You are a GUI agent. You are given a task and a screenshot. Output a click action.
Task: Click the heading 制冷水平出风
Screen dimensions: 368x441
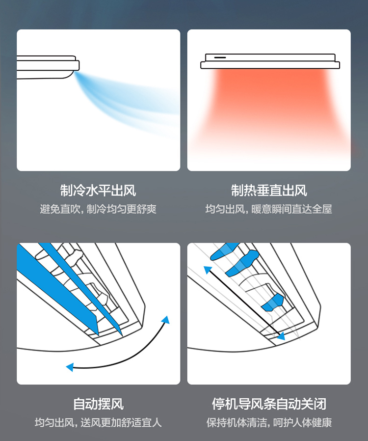click(x=98, y=191)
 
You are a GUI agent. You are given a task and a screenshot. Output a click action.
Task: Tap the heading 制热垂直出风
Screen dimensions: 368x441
click(x=269, y=191)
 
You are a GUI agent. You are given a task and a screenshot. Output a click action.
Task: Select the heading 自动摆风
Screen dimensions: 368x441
click(x=98, y=404)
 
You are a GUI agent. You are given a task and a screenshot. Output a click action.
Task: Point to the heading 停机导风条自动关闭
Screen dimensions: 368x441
click(x=269, y=404)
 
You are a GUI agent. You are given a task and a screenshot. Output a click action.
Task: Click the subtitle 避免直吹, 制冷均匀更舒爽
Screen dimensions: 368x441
click(x=98, y=209)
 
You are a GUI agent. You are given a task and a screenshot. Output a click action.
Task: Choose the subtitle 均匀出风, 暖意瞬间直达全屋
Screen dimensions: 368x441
click(x=269, y=209)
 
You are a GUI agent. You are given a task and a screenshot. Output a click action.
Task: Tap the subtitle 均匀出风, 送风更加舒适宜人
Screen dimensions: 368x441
click(x=98, y=422)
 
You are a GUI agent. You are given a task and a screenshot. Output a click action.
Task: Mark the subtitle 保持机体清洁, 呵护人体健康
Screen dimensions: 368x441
click(x=269, y=422)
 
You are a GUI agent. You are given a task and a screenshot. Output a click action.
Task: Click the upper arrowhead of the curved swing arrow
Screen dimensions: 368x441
click(x=166, y=320)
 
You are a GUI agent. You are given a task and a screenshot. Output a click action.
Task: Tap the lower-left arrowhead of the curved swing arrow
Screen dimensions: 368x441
click(x=70, y=367)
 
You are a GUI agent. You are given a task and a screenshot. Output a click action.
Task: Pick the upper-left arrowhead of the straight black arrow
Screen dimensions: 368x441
click(x=208, y=270)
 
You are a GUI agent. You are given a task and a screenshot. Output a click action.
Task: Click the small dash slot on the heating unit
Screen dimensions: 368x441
click(x=220, y=57)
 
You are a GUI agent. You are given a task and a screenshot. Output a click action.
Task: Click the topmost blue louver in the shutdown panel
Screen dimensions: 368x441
click(x=223, y=251)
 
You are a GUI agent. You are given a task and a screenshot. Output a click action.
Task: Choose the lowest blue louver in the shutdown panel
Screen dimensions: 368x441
click(x=272, y=303)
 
